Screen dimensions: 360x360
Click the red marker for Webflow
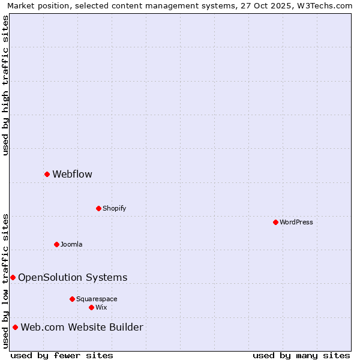tap(47, 174)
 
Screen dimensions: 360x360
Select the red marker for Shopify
tap(98, 208)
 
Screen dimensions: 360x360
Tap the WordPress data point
tap(275, 222)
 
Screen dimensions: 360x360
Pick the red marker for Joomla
tap(56, 244)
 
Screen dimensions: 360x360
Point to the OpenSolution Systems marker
tap(13, 277)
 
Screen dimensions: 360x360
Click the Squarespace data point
tap(72, 299)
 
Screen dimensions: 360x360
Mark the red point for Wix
tap(91, 307)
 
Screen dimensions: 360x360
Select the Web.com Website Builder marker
tap(15, 327)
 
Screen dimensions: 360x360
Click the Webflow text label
tap(72, 175)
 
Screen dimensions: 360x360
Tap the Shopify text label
tap(114, 209)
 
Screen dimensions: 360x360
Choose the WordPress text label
tap(296, 223)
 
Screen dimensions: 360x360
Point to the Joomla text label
tap(71, 245)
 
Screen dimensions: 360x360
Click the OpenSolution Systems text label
tap(73, 277)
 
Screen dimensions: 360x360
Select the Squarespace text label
tap(97, 299)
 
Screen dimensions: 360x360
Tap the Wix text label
tap(101, 308)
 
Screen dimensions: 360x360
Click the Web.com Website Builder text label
tap(82, 327)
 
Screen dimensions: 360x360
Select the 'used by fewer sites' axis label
tap(62, 355)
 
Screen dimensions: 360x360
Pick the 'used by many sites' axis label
tap(301, 355)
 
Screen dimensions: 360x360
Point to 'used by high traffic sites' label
tap(6, 85)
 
